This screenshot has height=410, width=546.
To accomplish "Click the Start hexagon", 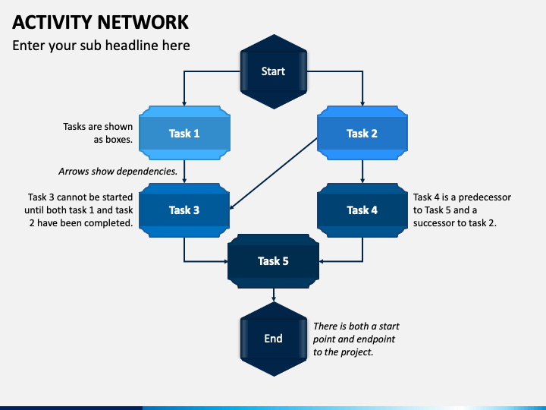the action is coord(273,71).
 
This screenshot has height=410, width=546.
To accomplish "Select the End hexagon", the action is coord(273,339).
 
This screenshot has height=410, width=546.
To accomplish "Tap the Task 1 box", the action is coord(184,133).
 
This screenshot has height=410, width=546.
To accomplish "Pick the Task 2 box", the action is coord(362,133).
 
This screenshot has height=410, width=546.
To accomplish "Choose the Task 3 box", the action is coord(184,210).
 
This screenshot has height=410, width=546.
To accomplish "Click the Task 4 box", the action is coord(362,210).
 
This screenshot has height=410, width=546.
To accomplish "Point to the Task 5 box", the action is coord(273,261).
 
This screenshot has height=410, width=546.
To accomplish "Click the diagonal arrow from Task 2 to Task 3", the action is coord(273,174).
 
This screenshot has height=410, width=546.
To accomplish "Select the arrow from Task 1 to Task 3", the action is coord(184,172).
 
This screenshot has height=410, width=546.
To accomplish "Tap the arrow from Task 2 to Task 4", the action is coord(362,172).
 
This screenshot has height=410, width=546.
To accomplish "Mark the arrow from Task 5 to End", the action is coord(274,295).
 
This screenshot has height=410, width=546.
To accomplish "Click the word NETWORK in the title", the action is coord(143,22).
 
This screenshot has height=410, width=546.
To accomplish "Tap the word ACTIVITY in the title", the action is coord(52,22).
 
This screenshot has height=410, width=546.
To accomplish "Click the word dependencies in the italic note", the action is coord(148,172).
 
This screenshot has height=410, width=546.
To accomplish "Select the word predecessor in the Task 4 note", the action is coord(485,197).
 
